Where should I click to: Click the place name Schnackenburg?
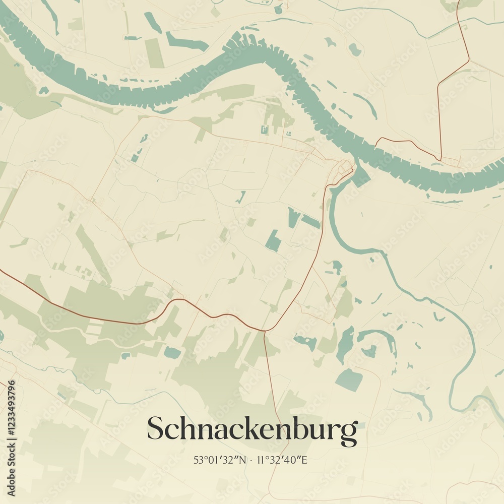point(252,430)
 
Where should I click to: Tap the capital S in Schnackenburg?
point(154,429)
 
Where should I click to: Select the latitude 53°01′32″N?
point(220,460)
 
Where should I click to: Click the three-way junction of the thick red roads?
point(264,331)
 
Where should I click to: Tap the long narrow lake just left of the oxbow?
point(345,344)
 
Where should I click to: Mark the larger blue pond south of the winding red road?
point(172,353)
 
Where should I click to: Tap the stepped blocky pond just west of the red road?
point(273,241)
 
